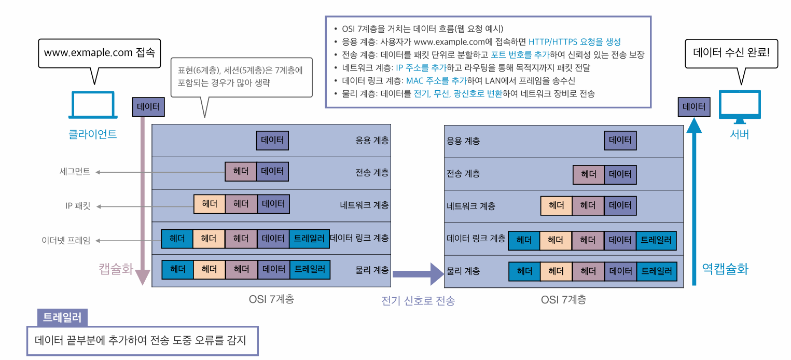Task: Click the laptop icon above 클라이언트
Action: [93, 106]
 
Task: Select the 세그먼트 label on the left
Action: [75, 172]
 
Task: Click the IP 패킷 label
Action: [78, 206]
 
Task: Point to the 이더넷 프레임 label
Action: [66, 240]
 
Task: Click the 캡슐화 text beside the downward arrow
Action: [116, 268]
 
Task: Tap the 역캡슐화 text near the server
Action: [725, 268]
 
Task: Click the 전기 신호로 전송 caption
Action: [418, 301]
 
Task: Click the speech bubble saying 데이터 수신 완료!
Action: [731, 53]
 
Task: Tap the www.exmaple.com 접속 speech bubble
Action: [99, 53]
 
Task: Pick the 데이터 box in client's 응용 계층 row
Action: [272, 141]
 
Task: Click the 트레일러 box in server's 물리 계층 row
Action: [656, 271]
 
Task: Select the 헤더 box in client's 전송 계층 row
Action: [241, 172]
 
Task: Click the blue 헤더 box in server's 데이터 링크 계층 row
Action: [524, 240]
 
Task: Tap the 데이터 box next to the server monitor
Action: [694, 107]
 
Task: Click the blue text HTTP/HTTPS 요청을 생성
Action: [574, 41]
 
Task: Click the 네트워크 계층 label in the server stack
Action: [470, 206]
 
